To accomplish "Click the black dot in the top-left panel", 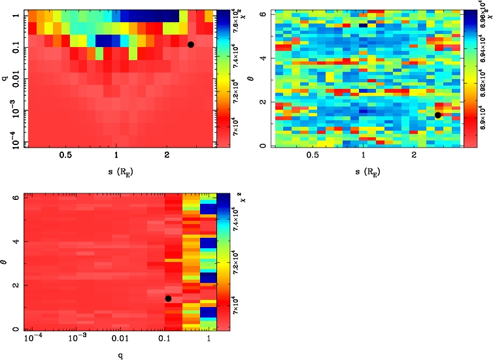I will click(x=190, y=44).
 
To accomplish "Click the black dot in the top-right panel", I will click(x=438, y=115).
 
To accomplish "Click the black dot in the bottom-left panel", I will click(x=168, y=299).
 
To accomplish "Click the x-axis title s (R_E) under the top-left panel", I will click(x=116, y=171).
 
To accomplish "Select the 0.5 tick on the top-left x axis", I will click(x=65, y=155).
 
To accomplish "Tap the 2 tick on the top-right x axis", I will click(x=414, y=155).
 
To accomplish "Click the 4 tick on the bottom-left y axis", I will click(x=16, y=241).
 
